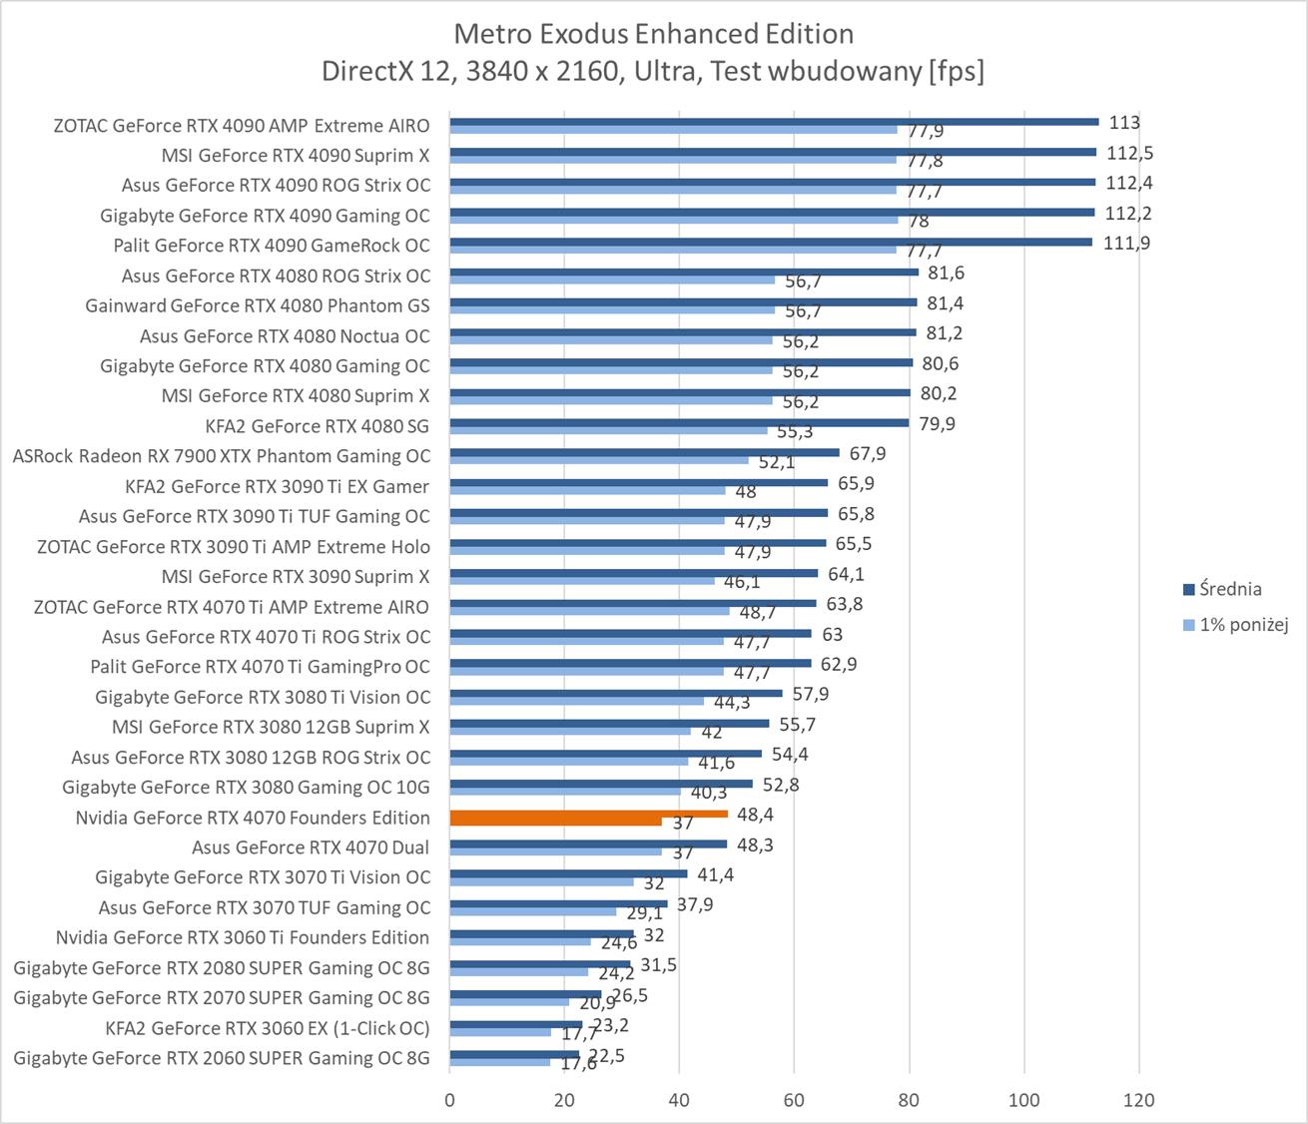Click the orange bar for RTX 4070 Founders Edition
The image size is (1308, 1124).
pos(588,814)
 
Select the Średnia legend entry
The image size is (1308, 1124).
pos(1230,589)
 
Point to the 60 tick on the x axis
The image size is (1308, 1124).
pos(794,1100)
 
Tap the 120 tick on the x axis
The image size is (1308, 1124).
pos(1138,1100)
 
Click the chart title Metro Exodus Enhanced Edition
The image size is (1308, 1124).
pos(653,34)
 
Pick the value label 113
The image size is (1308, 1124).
pos(1124,123)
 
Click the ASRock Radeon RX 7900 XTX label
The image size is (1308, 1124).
pos(222,456)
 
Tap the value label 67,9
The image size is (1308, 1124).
pos(867,453)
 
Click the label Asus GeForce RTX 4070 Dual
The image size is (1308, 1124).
pos(311,847)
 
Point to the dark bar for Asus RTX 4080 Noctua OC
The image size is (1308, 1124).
pos(682,332)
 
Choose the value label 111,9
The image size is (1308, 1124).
pos(1126,243)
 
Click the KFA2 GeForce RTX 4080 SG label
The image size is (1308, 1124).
pos(317,426)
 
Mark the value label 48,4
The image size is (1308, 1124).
pos(755,815)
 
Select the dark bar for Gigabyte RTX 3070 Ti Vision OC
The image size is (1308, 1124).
pos(568,873)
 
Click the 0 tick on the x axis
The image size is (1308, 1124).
pos(449,1100)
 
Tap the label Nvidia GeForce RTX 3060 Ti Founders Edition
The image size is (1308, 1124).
pos(243,937)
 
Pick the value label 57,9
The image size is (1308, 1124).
pos(810,694)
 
